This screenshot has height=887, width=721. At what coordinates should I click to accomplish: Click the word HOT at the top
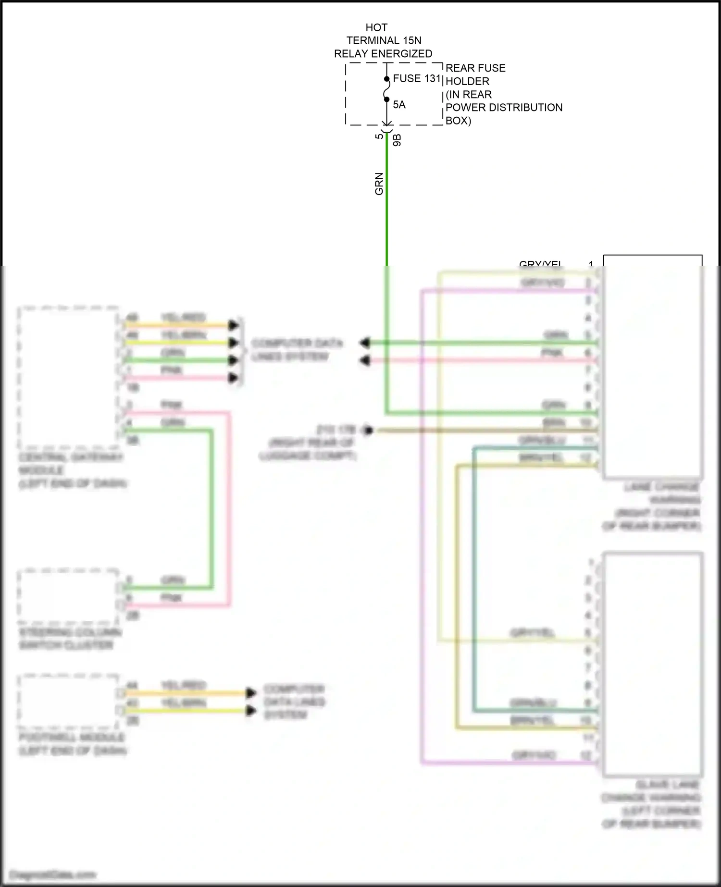(376, 27)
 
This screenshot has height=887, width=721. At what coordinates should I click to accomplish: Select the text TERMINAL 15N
(384, 40)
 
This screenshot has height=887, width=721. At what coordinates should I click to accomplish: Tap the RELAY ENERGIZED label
(383, 54)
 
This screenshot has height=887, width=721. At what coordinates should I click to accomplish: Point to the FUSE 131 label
(417, 78)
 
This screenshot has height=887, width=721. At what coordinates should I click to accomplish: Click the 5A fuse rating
(399, 105)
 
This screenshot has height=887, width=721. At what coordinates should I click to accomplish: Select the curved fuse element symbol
(386, 89)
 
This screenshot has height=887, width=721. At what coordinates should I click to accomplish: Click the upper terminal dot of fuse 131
(386, 79)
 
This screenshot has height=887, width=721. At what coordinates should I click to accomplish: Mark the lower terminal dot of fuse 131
(386, 99)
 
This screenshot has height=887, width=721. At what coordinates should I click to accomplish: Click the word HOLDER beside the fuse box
(467, 81)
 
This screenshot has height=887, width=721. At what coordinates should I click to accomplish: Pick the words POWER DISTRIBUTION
(504, 107)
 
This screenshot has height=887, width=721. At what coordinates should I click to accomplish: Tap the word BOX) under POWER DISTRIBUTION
(458, 121)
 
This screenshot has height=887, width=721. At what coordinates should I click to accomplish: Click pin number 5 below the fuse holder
(379, 136)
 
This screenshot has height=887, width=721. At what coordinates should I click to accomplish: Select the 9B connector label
(397, 140)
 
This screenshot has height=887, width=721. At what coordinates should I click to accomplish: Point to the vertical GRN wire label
(379, 184)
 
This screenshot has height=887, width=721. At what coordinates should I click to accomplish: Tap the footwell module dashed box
(67, 701)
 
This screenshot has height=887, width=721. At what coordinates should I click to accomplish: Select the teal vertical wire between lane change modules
(474, 577)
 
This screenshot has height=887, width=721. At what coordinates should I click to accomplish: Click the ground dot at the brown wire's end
(368, 430)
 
